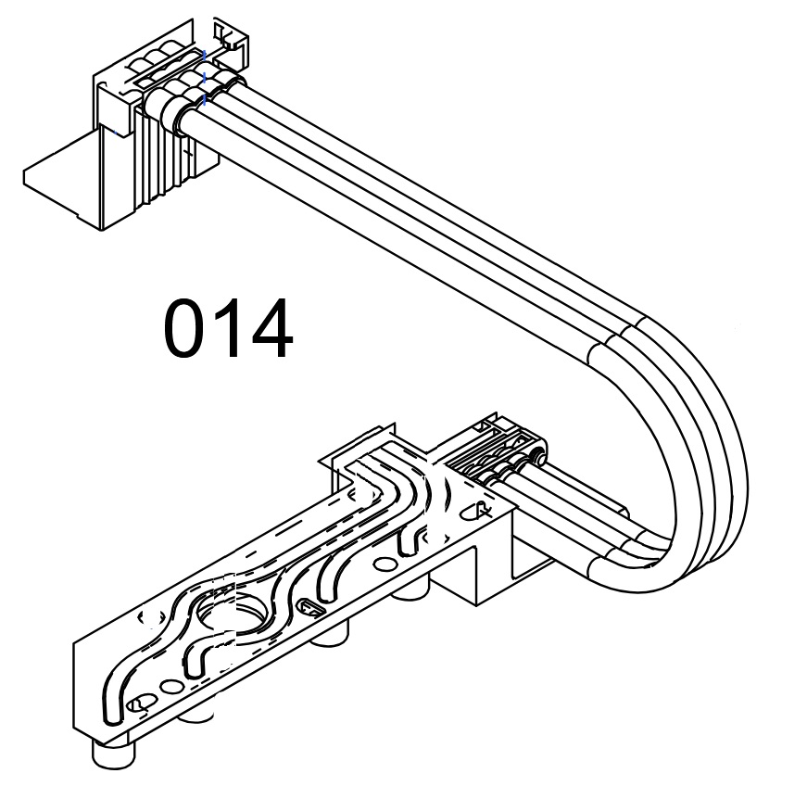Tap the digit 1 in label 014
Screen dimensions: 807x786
point(226,328)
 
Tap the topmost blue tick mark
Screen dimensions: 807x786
point(206,54)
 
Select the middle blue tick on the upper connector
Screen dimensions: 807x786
point(205,78)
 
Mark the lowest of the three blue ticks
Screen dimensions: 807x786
point(205,100)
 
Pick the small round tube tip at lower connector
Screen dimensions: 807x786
point(538,457)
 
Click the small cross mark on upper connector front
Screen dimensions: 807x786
point(188,152)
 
